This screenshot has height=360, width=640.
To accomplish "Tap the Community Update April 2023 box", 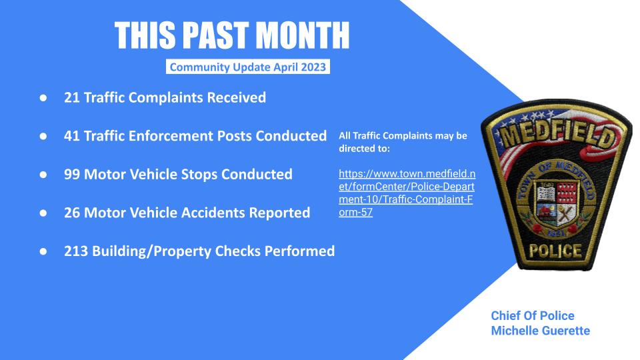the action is pos(248,67).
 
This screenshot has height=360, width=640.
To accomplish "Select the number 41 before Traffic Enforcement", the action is pos(71,136).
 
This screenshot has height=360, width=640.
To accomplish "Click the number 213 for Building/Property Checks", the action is pos(76,251).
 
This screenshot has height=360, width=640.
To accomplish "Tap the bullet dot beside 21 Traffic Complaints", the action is pos(43,98).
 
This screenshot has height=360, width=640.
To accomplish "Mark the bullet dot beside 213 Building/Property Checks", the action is pos(43,251).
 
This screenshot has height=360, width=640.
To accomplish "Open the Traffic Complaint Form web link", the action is pos(407,193).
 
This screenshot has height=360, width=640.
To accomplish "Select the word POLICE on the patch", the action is pos(555,251).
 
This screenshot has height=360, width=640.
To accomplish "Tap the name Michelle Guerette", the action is pos(541,331).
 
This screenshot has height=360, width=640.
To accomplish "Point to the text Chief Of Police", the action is pos(532,315).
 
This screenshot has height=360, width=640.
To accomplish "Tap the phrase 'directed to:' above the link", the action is pos(364,149).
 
